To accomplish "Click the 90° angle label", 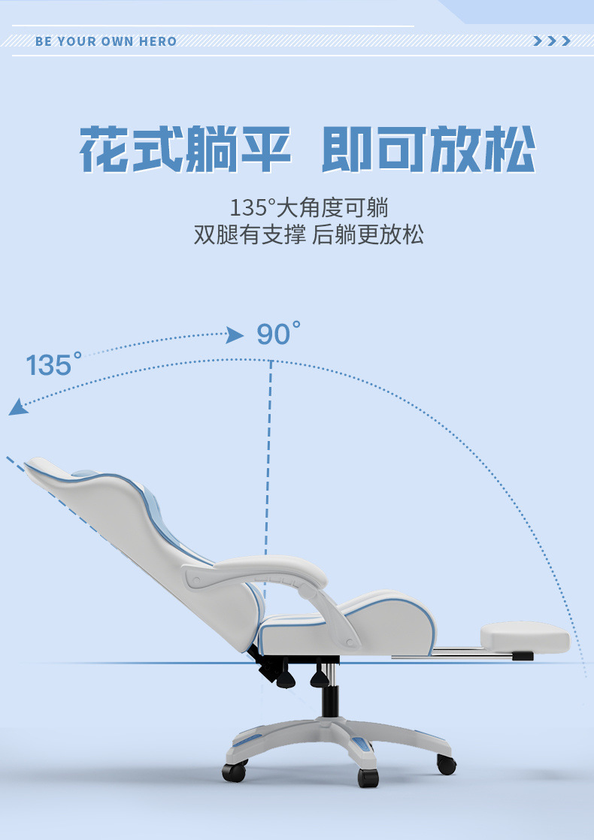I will [x=278, y=334].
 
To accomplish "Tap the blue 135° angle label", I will [x=53, y=364].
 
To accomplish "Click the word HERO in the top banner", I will [x=157, y=41].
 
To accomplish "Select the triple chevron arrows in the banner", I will [x=551, y=41].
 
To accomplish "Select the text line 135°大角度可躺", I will [x=309, y=207].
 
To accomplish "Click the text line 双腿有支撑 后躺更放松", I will [x=309, y=234].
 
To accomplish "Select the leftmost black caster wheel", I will [x=234, y=770].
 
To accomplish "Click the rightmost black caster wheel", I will [x=446, y=764].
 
